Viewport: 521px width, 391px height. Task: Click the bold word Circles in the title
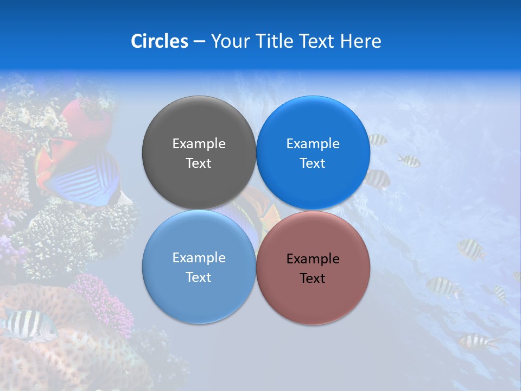tap(159, 41)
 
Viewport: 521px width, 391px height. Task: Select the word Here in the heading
tap(361, 41)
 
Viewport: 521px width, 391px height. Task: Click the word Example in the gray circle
tap(199, 144)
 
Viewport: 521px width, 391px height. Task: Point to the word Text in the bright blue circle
tap(313, 163)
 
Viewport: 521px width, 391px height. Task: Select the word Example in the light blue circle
tap(199, 258)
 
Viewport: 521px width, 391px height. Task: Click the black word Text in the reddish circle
tap(313, 279)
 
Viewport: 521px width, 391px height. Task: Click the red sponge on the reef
tap(87, 117)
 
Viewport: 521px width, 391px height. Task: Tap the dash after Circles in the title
tap(199, 42)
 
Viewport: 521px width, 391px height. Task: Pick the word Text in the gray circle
tap(199, 163)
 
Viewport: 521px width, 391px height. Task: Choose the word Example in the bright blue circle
tap(313, 144)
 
